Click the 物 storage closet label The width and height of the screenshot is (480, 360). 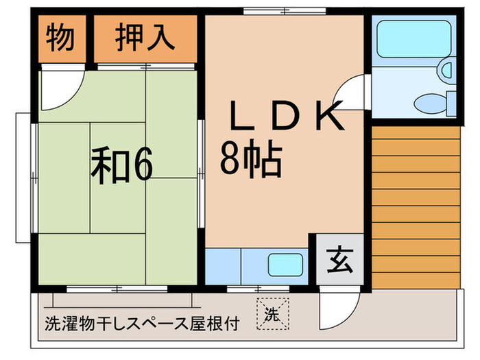pos(60,38)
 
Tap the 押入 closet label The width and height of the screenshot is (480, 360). pos(145,38)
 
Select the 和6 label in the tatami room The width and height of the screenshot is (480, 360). pos(123,165)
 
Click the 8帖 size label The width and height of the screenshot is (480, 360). pos(251,161)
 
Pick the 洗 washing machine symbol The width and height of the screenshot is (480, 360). pos(272,315)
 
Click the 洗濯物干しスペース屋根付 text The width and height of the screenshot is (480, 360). pos(142,324)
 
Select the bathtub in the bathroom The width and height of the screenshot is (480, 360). pos(410,39)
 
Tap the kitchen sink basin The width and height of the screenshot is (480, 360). pos(285,264)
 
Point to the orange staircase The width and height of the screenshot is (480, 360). pos(415,206)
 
